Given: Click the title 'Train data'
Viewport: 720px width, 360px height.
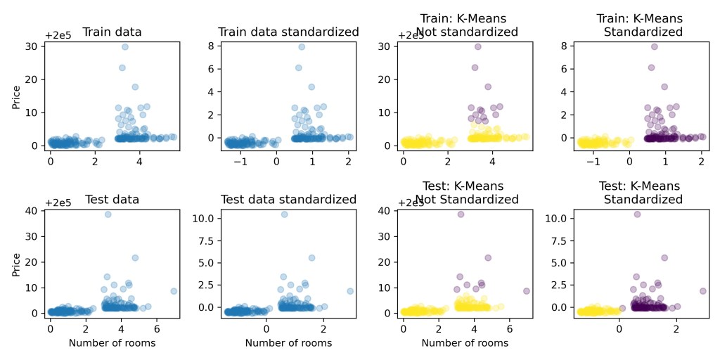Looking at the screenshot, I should (x=112, y=32).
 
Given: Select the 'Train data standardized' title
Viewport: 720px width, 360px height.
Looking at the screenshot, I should (x=288, y=32).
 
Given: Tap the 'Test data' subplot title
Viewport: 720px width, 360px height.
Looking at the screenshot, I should (x=112, y=199).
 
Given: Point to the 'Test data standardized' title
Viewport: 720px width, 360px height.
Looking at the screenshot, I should (x=288, y=199).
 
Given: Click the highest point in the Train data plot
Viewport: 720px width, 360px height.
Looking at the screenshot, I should (x=124, y=47).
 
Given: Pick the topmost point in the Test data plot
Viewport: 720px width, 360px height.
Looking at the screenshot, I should (x=108, y=214).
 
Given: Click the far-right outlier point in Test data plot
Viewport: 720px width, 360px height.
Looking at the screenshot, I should (x=174, y=290).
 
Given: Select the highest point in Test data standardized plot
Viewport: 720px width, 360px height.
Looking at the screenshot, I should (x=284, y=214).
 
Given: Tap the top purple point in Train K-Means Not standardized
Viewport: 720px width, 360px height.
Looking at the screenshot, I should (x=477, y=47).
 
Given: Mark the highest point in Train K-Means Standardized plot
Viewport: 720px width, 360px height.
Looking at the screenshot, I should (x=654, y=47).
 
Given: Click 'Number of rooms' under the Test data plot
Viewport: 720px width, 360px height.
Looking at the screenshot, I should (x=112, y=343).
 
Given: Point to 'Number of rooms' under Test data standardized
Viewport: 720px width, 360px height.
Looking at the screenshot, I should (x=288, y=343).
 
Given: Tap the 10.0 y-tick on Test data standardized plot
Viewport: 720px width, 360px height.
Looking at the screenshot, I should (x=205, y=219).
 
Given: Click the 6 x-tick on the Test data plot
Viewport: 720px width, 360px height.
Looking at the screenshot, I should (x=156, y=328).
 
